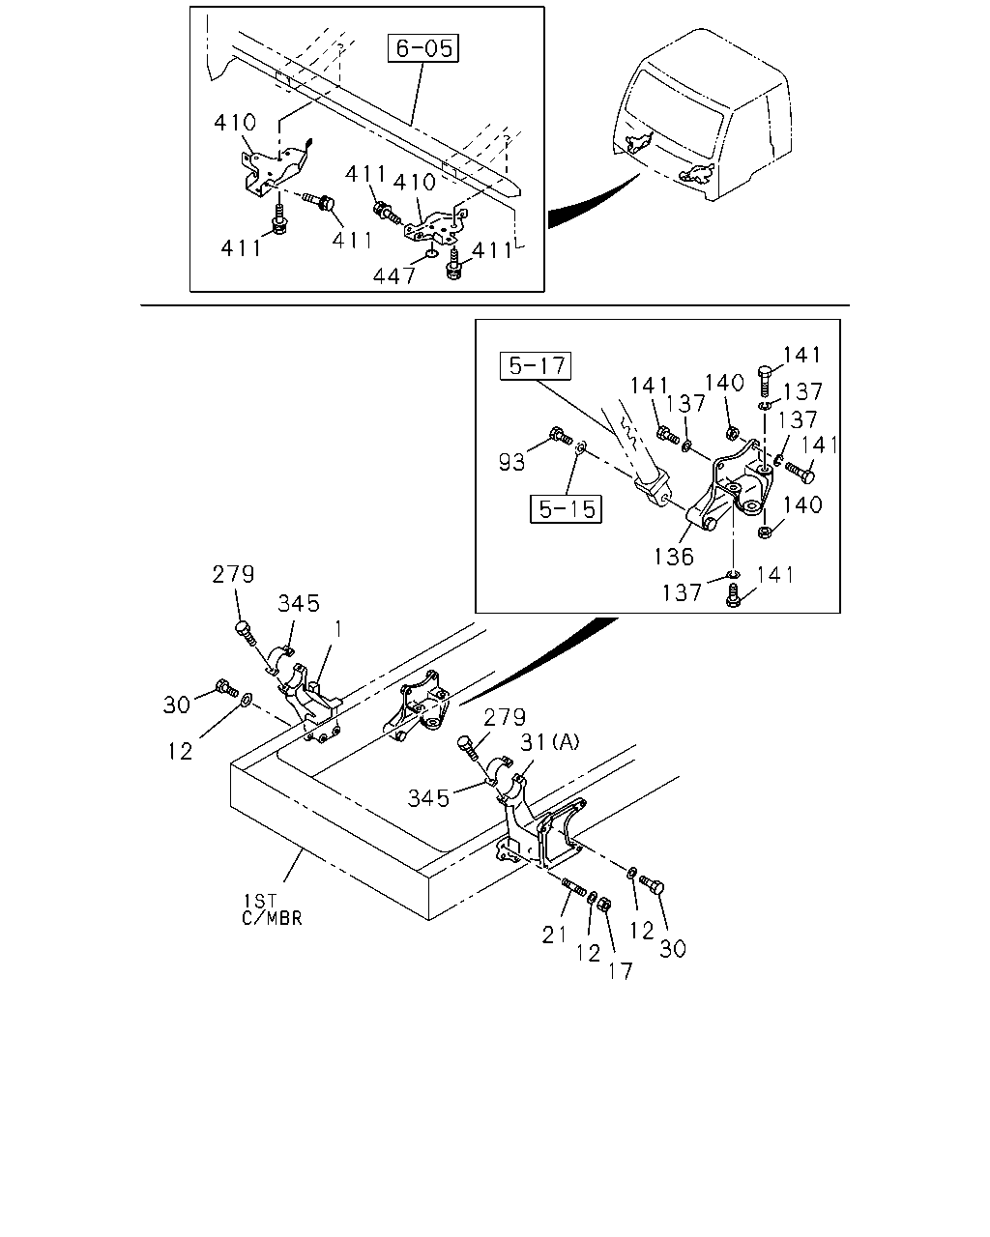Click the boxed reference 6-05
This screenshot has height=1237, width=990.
pos(423,48)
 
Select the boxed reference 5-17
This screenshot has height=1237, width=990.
pos(536,365)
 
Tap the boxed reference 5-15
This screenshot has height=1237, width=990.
pos(566,508)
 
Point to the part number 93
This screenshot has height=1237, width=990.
pos(512,462)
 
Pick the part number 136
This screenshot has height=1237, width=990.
pos(674,556)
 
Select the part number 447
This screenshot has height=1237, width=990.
pos(394,276)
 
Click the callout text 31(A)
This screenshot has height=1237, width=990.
pos(549,742)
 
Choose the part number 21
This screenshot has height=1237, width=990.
pos(554,935)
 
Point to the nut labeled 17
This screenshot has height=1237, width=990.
pos(604,905)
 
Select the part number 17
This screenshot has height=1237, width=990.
pos(620,971)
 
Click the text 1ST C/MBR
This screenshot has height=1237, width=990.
pos(272,908)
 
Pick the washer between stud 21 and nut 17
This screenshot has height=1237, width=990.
pos(592,897)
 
